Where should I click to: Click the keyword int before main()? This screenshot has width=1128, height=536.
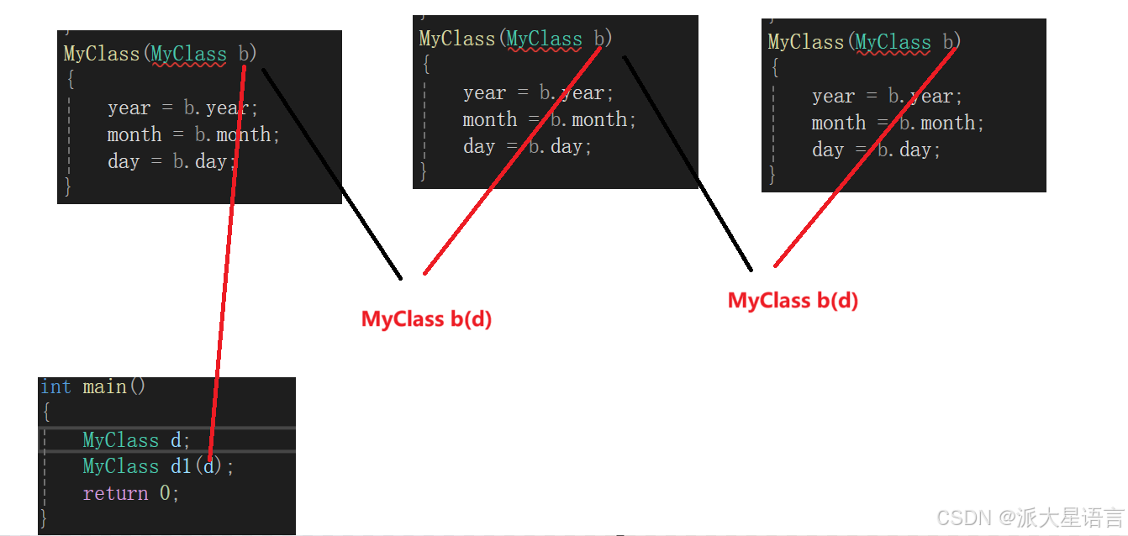tap(55, 386)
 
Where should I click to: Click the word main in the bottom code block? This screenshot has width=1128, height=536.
tap(105, 386)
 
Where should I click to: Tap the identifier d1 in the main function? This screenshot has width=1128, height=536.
tap(181, 466)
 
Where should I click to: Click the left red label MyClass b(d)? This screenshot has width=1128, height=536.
tap(426, 319)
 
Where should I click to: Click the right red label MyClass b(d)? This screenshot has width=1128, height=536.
tap(793, 301)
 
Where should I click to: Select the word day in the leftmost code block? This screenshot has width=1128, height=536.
tap(124, 161)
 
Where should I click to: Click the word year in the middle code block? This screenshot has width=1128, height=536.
tap(485, 92)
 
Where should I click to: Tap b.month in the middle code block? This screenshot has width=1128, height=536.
tap(593, 119)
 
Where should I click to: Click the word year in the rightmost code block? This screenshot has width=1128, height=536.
tap(833, 96)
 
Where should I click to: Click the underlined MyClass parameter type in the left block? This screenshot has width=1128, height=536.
tap(189, 54)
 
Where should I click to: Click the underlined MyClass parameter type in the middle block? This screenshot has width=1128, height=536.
tap(545, 39)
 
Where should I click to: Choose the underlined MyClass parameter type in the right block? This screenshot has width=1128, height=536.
tap(893, 42)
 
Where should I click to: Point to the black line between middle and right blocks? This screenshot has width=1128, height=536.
tap(688, 163)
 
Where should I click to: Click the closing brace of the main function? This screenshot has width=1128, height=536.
tap(44, 519)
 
